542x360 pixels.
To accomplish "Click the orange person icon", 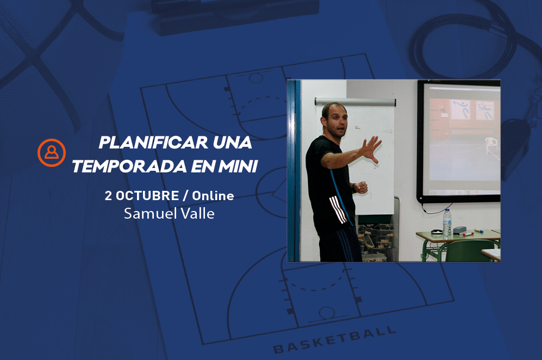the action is (x=52, y=152).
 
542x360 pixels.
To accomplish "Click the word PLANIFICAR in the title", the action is (x=153, y=142).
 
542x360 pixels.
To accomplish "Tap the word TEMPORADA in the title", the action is (x=129, y=166).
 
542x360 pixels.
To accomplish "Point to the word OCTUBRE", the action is (x=147, y=196).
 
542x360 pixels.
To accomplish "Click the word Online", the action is (x=213, y=196).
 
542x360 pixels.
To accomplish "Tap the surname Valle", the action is (x=198, y=213).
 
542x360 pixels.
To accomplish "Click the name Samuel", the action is (x=151, y=213).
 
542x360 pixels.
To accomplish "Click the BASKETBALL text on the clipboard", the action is (x=334, y=340).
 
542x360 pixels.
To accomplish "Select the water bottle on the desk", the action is (x=447, y=223).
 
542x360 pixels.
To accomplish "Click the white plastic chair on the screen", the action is (x=491, y=145).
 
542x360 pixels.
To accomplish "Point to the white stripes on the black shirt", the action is (x=338, y=209).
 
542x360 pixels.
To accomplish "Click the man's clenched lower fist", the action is (x=361, y=187).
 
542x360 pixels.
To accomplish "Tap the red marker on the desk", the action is (x=468, y=234).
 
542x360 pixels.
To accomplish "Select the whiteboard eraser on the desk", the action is (x=460, y=230).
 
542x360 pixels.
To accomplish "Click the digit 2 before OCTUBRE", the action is (x=108, y=196).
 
